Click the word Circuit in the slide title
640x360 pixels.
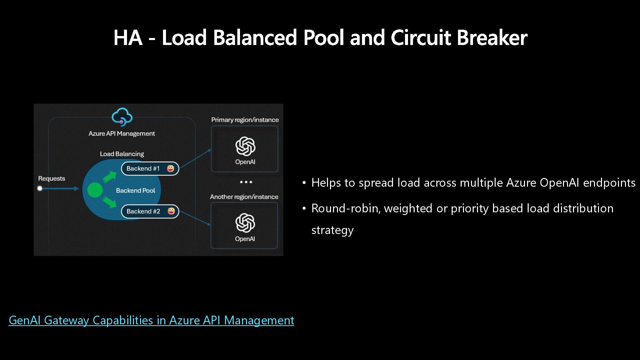[x=421, y=37]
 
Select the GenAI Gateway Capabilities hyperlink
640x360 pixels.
[x=151, y=320]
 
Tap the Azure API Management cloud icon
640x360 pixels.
[x=122, y=117]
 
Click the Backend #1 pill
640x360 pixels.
[x=150, y=169]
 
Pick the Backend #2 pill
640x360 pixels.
[x=150, y=211]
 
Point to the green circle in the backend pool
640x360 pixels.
[x=95, y=190]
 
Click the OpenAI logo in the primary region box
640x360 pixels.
[x=245, y=146]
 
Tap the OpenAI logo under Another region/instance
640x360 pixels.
[x=245, y=223]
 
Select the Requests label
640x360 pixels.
[x=52, y=179]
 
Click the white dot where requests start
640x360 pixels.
[x=40, y=189]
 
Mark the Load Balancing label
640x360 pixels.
[x=122, y=154]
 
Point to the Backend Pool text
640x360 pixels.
[x=135, y=191]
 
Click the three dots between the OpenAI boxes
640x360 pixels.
[x=246, y=182]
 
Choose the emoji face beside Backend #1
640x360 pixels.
[x=171, y=169]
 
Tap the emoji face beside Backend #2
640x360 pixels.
[x=171, y=211]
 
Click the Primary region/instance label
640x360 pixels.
[x=245, y=120]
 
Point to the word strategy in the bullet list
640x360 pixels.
[x=332, y=230]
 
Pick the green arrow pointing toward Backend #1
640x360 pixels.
[x=109, y=177]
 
